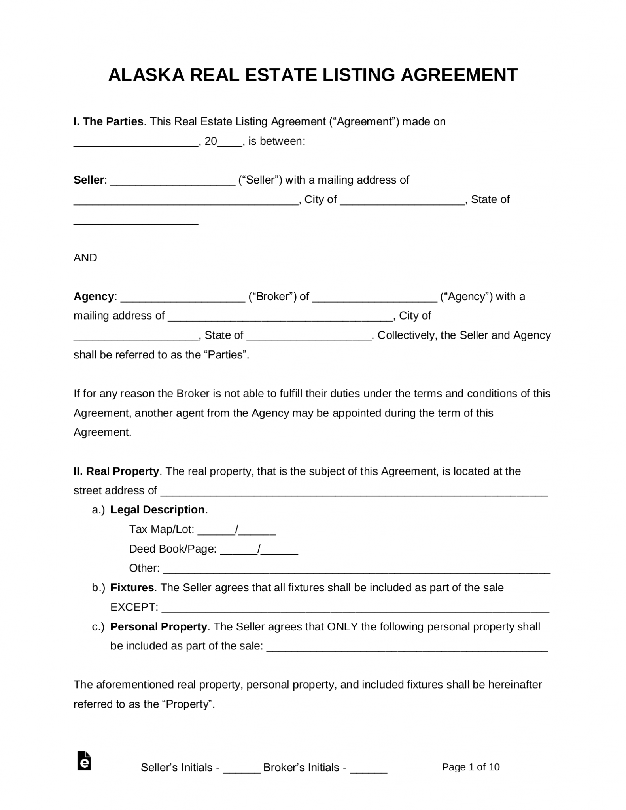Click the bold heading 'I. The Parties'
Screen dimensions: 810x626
tap(108, 122)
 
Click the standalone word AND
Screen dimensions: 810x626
tap(85, 258)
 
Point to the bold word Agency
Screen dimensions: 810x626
tap(94, 297)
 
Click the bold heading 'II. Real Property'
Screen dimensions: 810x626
tap(116, 471)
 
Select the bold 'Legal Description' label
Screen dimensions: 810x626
tap(157, 510)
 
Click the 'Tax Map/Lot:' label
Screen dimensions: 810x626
tap(161, 529)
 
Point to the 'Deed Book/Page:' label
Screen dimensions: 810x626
tap(172, 549)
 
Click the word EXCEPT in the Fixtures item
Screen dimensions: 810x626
tap(134, 607)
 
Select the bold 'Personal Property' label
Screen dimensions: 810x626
tap(159, 627)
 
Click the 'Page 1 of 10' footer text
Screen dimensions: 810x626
tap(471, 767)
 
